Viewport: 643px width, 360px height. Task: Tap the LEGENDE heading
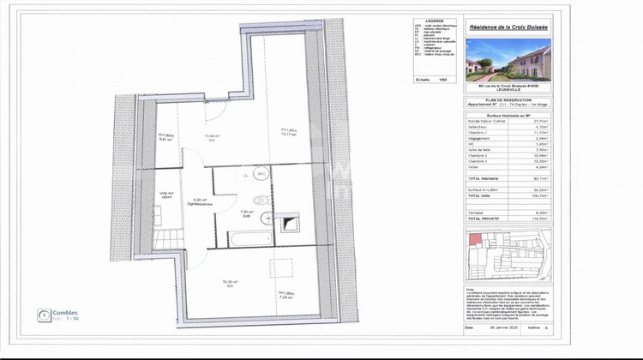click(435, 20)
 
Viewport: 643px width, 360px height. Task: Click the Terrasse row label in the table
click(476, 210)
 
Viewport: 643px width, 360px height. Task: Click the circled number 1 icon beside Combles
click(44, 315)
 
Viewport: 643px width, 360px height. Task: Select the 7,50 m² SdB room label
click(246, 213)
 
